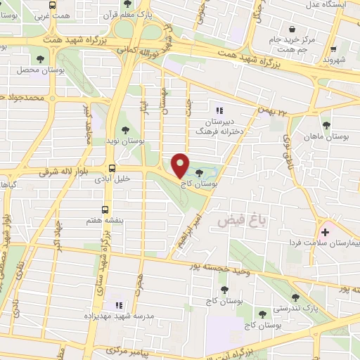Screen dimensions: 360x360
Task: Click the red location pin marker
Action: pos(180,166)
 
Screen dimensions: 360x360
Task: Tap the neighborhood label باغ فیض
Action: pos(233,221)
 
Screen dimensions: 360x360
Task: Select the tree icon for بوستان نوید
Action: pos(125,129)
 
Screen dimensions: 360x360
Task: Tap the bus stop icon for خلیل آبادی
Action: pos(112,167)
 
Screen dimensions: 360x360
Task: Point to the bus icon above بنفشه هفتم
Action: pos(105,209)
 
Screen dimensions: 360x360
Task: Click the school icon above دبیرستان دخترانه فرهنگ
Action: pos(219,110)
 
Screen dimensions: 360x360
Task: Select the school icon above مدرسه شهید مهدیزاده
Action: pos(118,305)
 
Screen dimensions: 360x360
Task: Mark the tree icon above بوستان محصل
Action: pos(37,60)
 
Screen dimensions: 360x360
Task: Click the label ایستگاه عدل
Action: pos(326,5)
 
